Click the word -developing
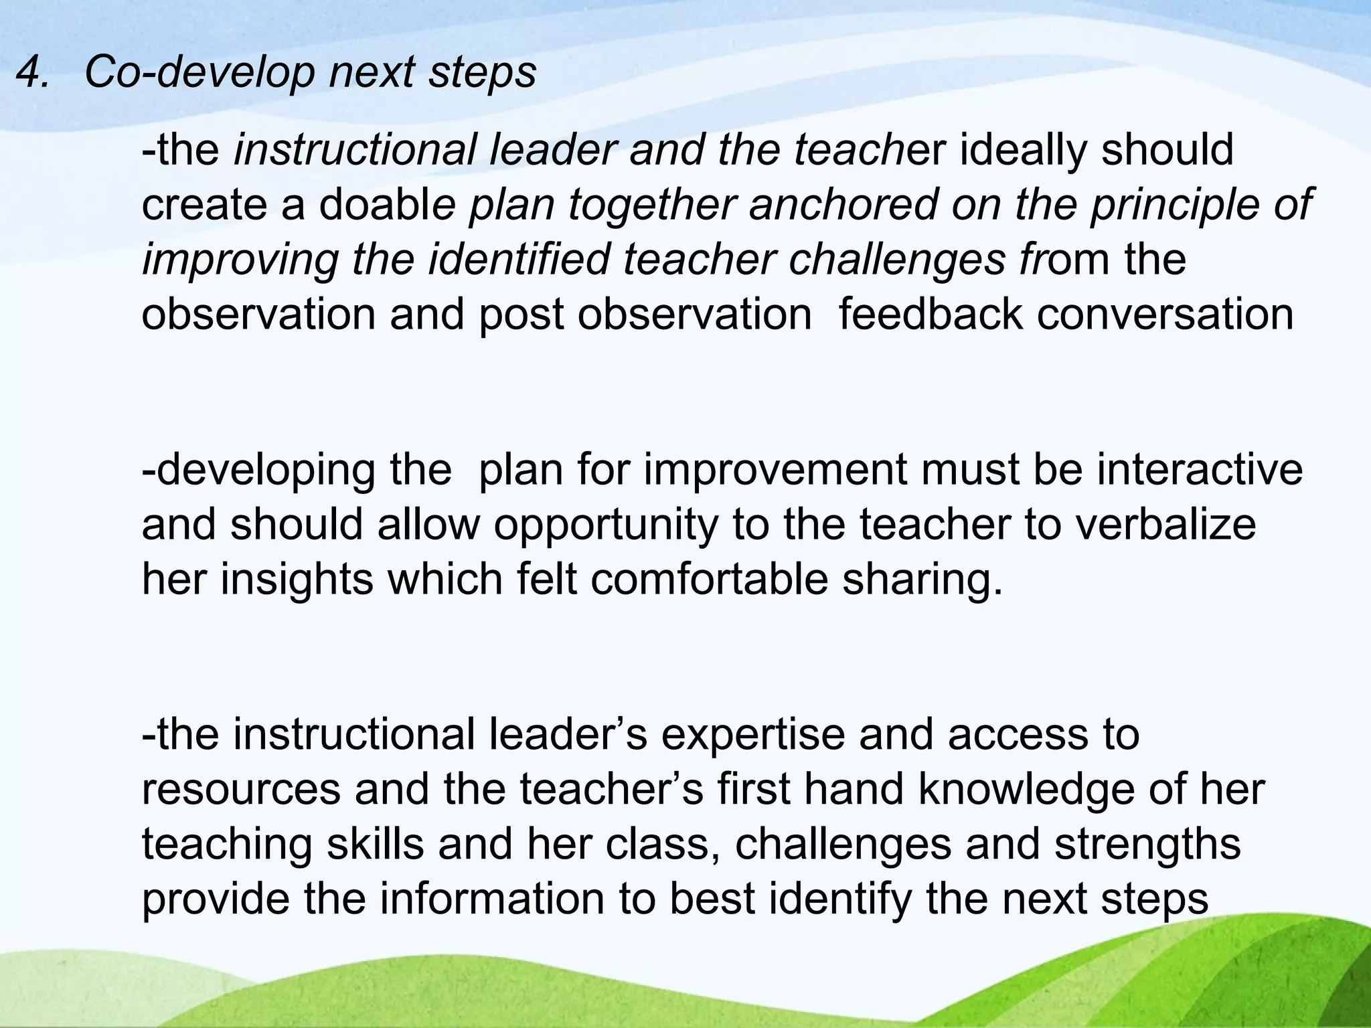coord(258,471)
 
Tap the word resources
coord(242,790)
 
